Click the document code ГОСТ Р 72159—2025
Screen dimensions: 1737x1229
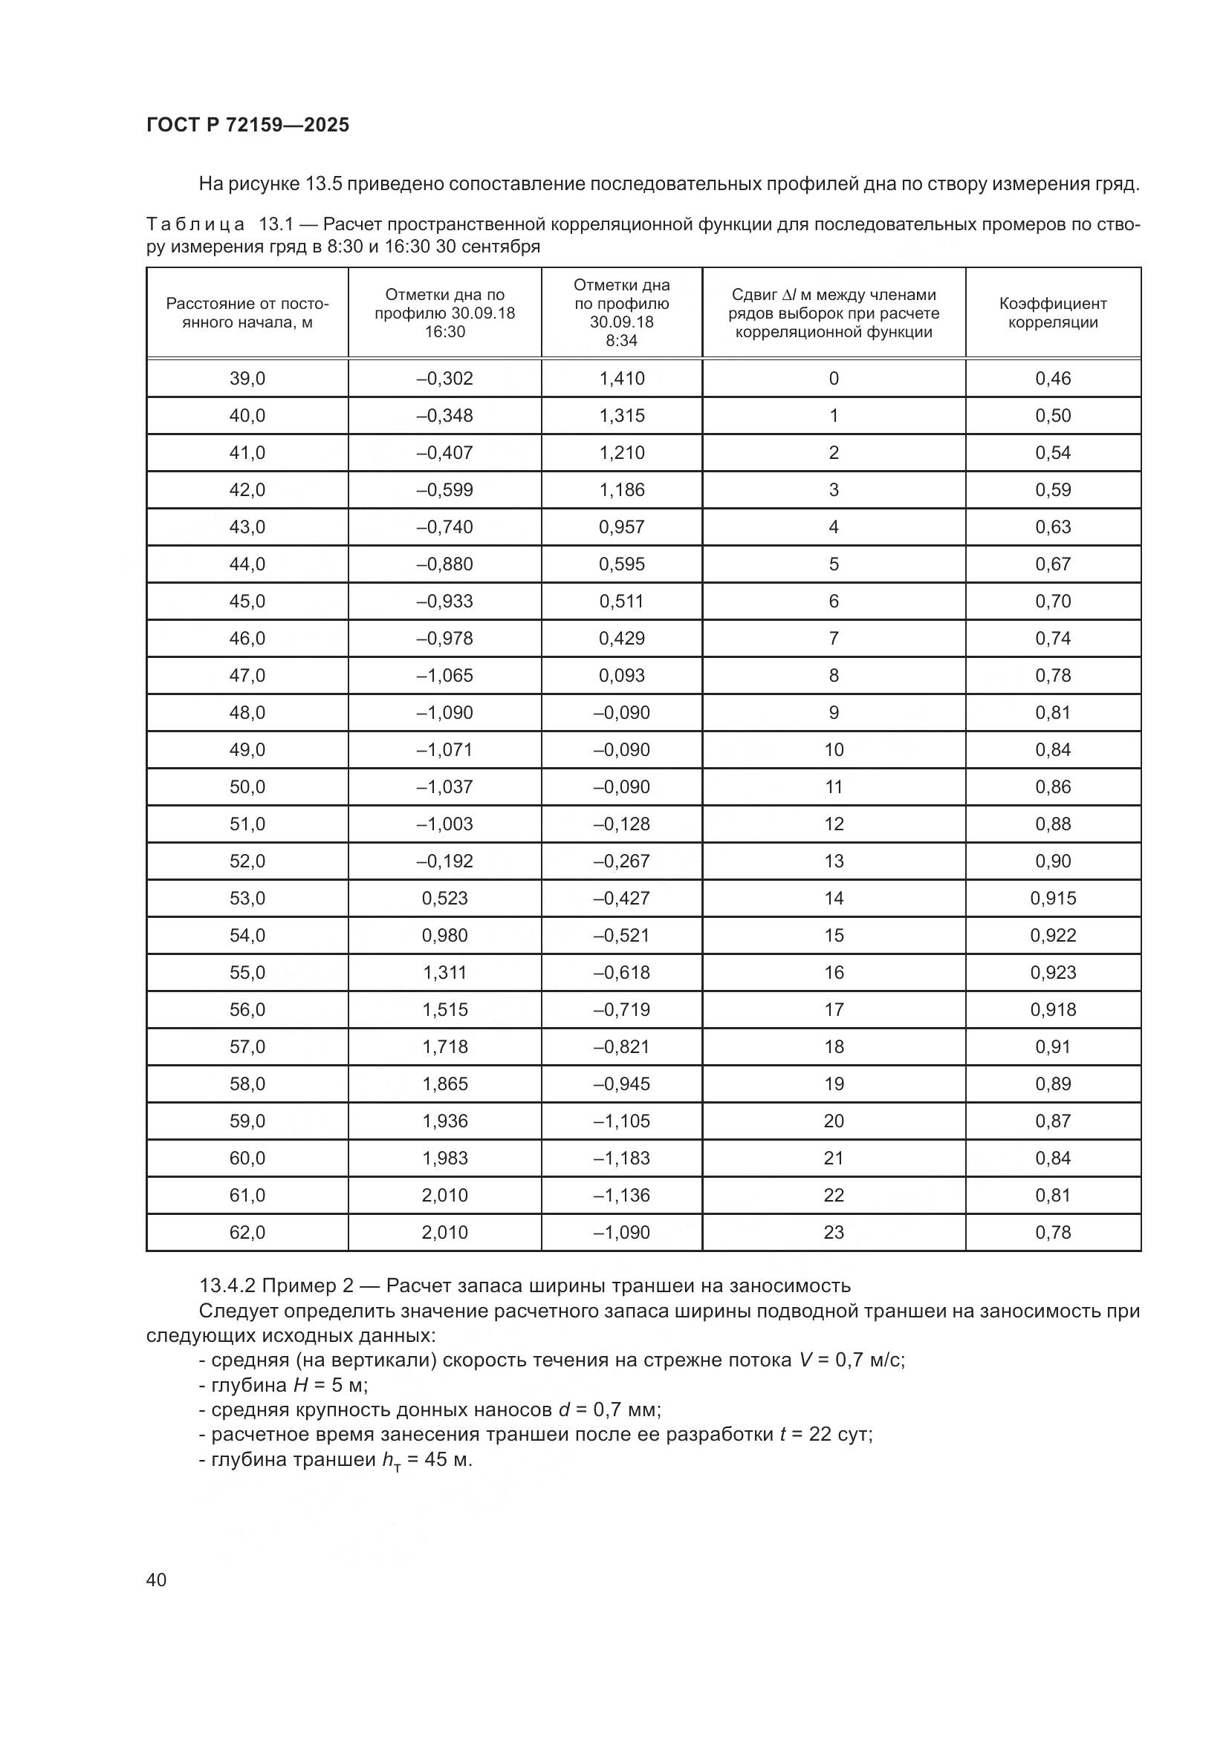point(247,125)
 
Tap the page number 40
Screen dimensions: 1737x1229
point(157,1579)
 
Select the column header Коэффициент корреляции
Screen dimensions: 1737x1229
point(1053,313)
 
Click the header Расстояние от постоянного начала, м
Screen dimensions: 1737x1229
point(247,313)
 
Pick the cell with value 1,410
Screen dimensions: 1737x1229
point(621,378)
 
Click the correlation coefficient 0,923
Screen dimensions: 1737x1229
point(1053,972)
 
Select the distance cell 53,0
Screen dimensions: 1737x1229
point(247,898)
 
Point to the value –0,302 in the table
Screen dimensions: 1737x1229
point(445,378)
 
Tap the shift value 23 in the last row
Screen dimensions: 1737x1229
point(833,1233)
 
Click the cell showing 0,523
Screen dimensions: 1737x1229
point(445,898)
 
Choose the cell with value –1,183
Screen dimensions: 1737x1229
point(621,1158)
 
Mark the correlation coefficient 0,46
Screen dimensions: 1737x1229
point(1053,378)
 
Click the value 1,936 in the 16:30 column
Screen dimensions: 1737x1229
point(445,1121)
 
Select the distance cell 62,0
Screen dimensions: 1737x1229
point(247,1233)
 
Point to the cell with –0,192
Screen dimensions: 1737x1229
point(445,861)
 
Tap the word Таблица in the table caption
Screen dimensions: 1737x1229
point(195,225)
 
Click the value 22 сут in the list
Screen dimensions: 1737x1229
point(840,1433)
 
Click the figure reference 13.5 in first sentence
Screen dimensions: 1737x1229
point(325,184)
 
